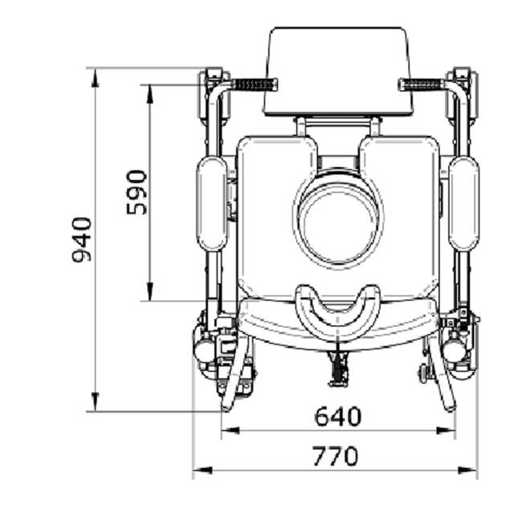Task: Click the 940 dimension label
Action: coord(82,239)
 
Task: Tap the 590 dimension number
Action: coord(137,193)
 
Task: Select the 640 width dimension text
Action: coord(338,416)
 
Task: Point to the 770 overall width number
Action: coord(336,456)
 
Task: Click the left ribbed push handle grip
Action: coord(255,84)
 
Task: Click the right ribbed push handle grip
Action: coord(421,85)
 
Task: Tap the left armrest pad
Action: coord(212,204)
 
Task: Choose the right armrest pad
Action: coord(463,204)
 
